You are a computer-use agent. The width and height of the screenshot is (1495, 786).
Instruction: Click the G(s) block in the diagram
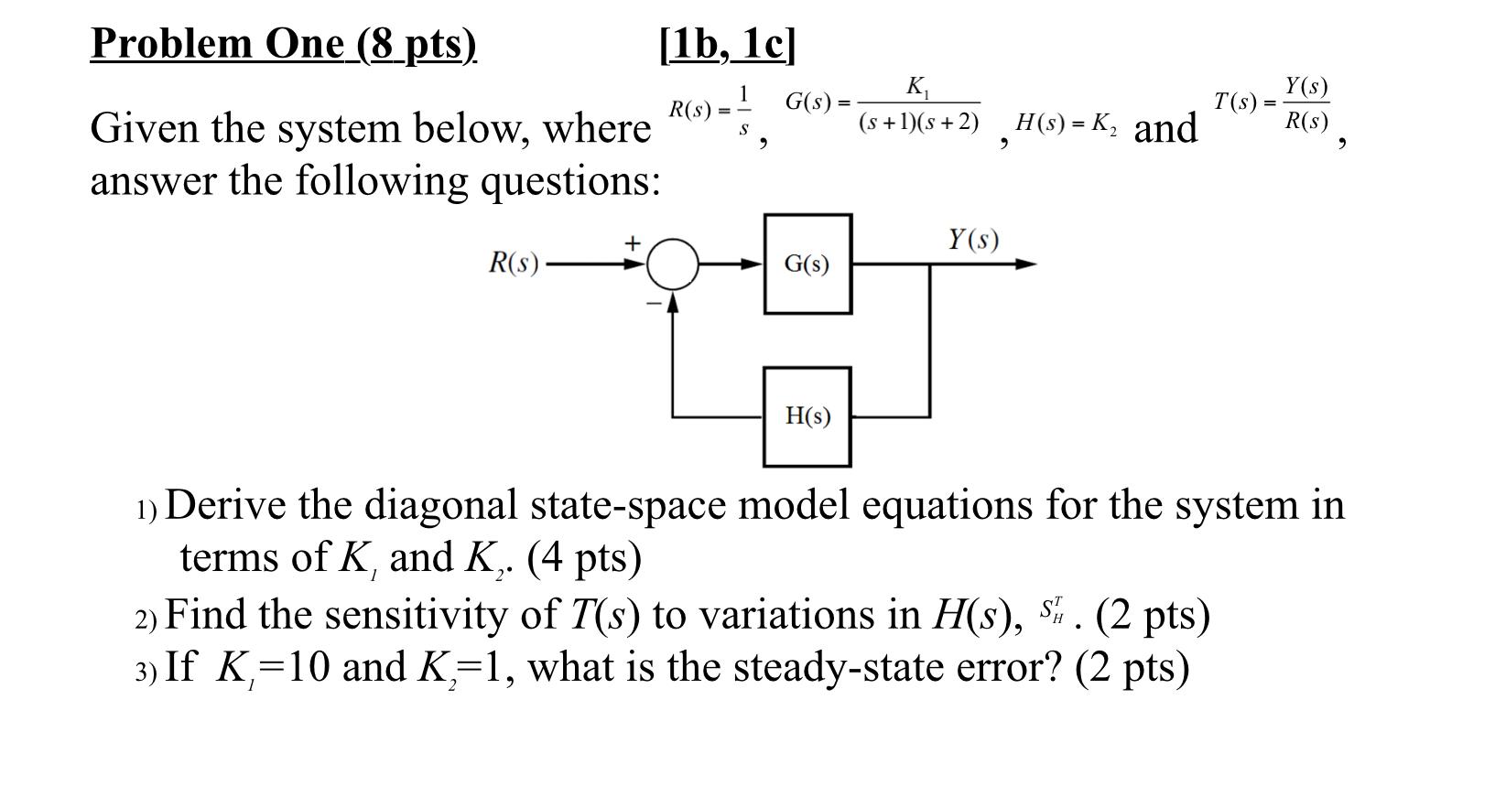click(x=807, y=264)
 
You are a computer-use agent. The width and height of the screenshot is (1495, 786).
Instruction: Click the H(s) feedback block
click(x=807, y=416)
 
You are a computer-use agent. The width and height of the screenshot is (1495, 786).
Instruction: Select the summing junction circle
click(x=673, y=264)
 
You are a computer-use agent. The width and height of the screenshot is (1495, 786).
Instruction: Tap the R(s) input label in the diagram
click(x=514, y=264)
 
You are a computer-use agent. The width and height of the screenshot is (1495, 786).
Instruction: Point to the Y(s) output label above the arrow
click(x=972, y=240)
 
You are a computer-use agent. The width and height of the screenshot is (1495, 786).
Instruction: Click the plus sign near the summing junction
click(x=632, y=242)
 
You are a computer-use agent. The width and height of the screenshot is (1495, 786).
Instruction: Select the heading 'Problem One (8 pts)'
click(x=283, y=43)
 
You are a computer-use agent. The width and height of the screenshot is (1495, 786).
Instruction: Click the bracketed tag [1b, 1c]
click(x=727, y=43)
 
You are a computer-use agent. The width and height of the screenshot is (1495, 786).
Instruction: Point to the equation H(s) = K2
click(x=1066, y=122)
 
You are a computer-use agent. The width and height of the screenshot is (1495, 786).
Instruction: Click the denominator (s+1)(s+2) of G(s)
click(x=918, y=122)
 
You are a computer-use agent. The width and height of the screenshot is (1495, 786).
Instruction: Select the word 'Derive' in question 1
click(x=225, y=504)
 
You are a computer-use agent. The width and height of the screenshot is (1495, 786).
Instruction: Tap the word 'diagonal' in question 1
click(x=440, y=504)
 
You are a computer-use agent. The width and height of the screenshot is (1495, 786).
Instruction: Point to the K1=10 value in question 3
click(x=272, y=667)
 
